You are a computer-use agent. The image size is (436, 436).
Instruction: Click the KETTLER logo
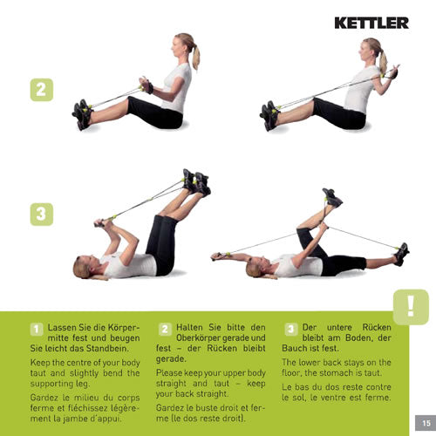[371, 23]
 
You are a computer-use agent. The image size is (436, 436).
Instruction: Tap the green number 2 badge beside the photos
[41, 89]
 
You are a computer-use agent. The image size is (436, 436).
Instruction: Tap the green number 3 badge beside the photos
[41, 214]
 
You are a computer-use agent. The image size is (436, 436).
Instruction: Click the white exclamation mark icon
[411, 307]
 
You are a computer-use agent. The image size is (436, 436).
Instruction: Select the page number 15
[418, 421]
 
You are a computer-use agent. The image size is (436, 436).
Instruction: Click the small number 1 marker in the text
[37, 330]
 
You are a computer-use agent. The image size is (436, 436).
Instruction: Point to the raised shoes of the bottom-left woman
[196, 181]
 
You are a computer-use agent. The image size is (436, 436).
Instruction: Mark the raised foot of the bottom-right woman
[331, 196]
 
